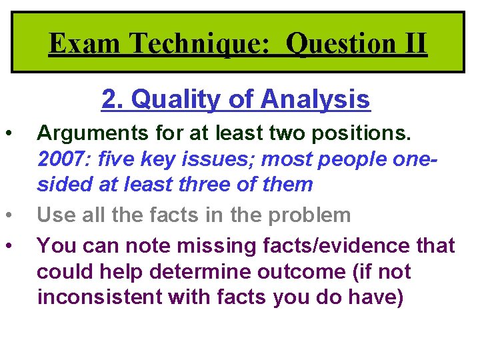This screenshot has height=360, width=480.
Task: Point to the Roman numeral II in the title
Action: [411, 44]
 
